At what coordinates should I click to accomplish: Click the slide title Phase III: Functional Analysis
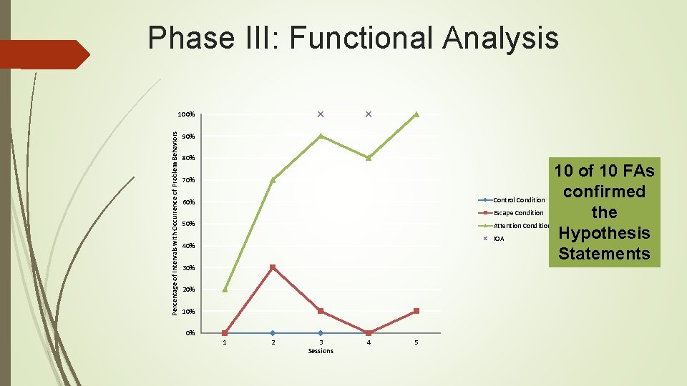coord(353,37)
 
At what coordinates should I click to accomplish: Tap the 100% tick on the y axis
coord(187,114)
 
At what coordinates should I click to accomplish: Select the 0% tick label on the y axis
coord(189,333)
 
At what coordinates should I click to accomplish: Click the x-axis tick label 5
coord(416,343)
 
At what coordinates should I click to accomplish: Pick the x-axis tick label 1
coord(225,343)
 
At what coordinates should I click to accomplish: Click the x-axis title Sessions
coord(321,351)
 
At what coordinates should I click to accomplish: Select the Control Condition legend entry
coord(518,200)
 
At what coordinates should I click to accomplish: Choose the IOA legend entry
coord(498,239)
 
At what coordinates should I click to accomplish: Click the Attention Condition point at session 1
coord(225,289)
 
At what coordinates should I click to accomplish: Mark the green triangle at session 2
coord(273,180)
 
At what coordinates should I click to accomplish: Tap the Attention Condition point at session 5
coord(416,114)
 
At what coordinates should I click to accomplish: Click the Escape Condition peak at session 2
coord(273,267)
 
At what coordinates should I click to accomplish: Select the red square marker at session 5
coord(416,311)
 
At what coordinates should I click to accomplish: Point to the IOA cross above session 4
coord(368,114)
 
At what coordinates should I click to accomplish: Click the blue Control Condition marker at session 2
coord(273,333)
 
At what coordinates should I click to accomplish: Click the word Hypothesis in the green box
coord(604,233)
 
